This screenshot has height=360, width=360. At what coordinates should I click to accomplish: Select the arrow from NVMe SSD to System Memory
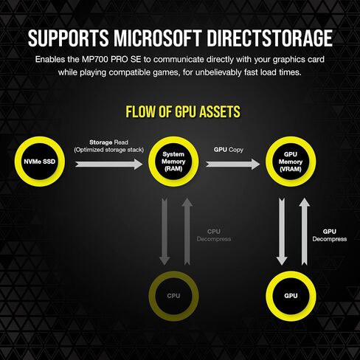[x=109, y=164]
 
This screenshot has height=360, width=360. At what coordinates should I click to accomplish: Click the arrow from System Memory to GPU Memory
[x=232, y=164]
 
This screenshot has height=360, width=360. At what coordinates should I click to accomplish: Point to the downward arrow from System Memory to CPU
[x=165, y=232]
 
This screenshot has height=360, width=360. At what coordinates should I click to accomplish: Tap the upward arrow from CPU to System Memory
[x=187, y=232]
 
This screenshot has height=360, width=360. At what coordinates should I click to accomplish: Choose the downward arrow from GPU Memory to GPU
[x=282, y=232]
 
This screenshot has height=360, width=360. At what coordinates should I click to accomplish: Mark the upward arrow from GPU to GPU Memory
[x=305, y=232]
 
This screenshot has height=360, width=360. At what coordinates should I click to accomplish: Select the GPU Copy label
[x=229, y=150]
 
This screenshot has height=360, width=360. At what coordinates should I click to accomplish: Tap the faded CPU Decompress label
[x=214, y=235]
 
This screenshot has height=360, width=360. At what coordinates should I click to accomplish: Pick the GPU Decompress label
[x=330, y=235]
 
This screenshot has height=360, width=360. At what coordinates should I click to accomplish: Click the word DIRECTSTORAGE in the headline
[x=269, y=38]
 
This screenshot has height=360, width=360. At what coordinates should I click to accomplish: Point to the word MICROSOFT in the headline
[x=157, y=38]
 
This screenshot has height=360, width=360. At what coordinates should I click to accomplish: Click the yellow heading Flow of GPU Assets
[x=183, y=111]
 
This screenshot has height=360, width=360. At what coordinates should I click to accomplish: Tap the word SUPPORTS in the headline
[x=68, y=38]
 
